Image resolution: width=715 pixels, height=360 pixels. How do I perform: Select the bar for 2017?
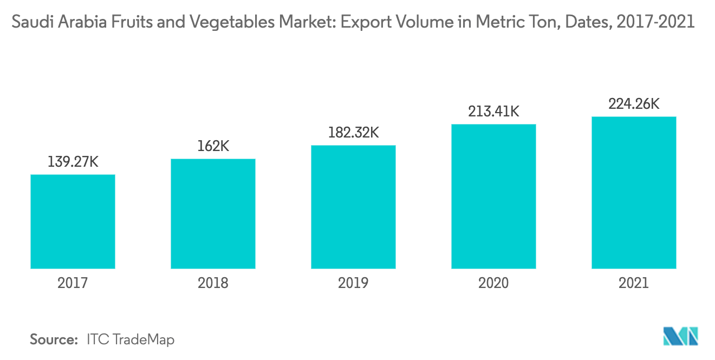click(73, 221)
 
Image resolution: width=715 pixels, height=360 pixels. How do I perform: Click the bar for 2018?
click(213, 213)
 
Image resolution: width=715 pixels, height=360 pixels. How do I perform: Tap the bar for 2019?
click(353, 207)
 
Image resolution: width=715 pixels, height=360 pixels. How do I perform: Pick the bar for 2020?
click(493, 196)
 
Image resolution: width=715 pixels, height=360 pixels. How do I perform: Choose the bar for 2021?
click(634, 192)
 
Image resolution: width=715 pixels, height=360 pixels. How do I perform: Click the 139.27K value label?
click(73, 162)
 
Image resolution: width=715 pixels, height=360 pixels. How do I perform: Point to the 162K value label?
click(213, 146)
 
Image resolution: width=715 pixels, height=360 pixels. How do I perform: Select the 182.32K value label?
click(353, 133)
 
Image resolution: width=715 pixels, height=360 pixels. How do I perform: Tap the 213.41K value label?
click(493, 112)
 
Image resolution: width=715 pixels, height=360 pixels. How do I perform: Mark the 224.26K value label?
click(634, 104)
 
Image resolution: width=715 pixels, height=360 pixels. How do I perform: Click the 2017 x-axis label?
click(73, 283)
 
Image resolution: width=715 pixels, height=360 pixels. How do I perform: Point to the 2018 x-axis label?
click(213, 283)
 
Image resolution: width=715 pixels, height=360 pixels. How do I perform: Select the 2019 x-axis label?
click(353, 283)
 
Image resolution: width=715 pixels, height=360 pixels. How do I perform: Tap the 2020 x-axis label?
click(493, 283)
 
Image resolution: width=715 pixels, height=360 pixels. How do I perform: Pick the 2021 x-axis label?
click(634, 283)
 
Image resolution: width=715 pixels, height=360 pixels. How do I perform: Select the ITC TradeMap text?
click(131, 339)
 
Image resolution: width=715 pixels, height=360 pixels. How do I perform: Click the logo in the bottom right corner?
click(681, 336)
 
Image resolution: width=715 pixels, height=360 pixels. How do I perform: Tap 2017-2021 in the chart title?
click(652, 23)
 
